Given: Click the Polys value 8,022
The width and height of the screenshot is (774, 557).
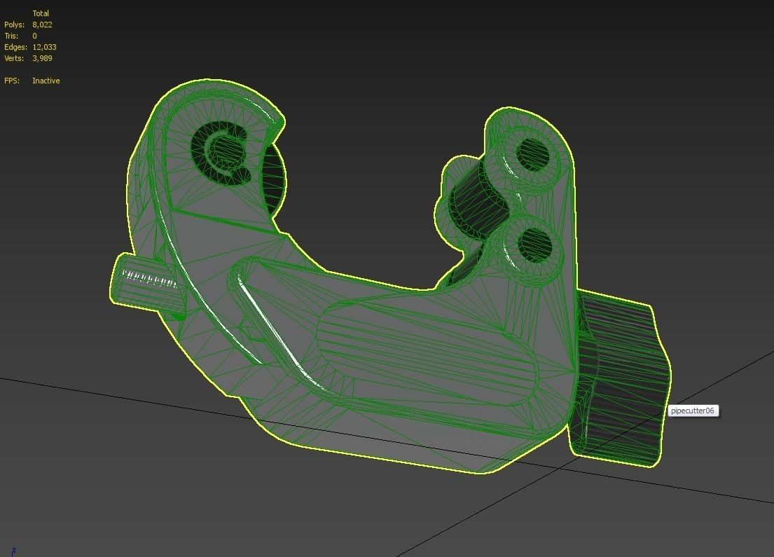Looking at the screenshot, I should click(42, 25).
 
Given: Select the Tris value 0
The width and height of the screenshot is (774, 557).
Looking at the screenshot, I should click(34, 36).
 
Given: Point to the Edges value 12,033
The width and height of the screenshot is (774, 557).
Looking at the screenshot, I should click(44, 47).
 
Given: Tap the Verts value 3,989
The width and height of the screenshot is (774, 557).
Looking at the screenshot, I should click(42, 58).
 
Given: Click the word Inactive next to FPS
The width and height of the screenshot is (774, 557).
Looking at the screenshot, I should click(46, 81).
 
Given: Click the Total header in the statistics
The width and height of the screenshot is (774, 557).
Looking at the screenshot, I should click(41, 13).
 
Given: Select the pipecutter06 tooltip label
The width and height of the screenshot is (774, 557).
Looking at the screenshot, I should click(692, 411).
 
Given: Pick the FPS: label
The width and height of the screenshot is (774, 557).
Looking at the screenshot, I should click(12, 81).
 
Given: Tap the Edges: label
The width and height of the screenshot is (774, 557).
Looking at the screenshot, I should click(15, 47).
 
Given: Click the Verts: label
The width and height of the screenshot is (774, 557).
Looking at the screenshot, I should click(15, 58).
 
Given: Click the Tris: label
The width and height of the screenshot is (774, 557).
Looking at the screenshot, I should click(12, 36).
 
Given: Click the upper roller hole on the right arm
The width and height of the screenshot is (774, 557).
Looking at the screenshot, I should click(533, 153).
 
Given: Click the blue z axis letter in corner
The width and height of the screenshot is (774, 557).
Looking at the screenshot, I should click(13, 551).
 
